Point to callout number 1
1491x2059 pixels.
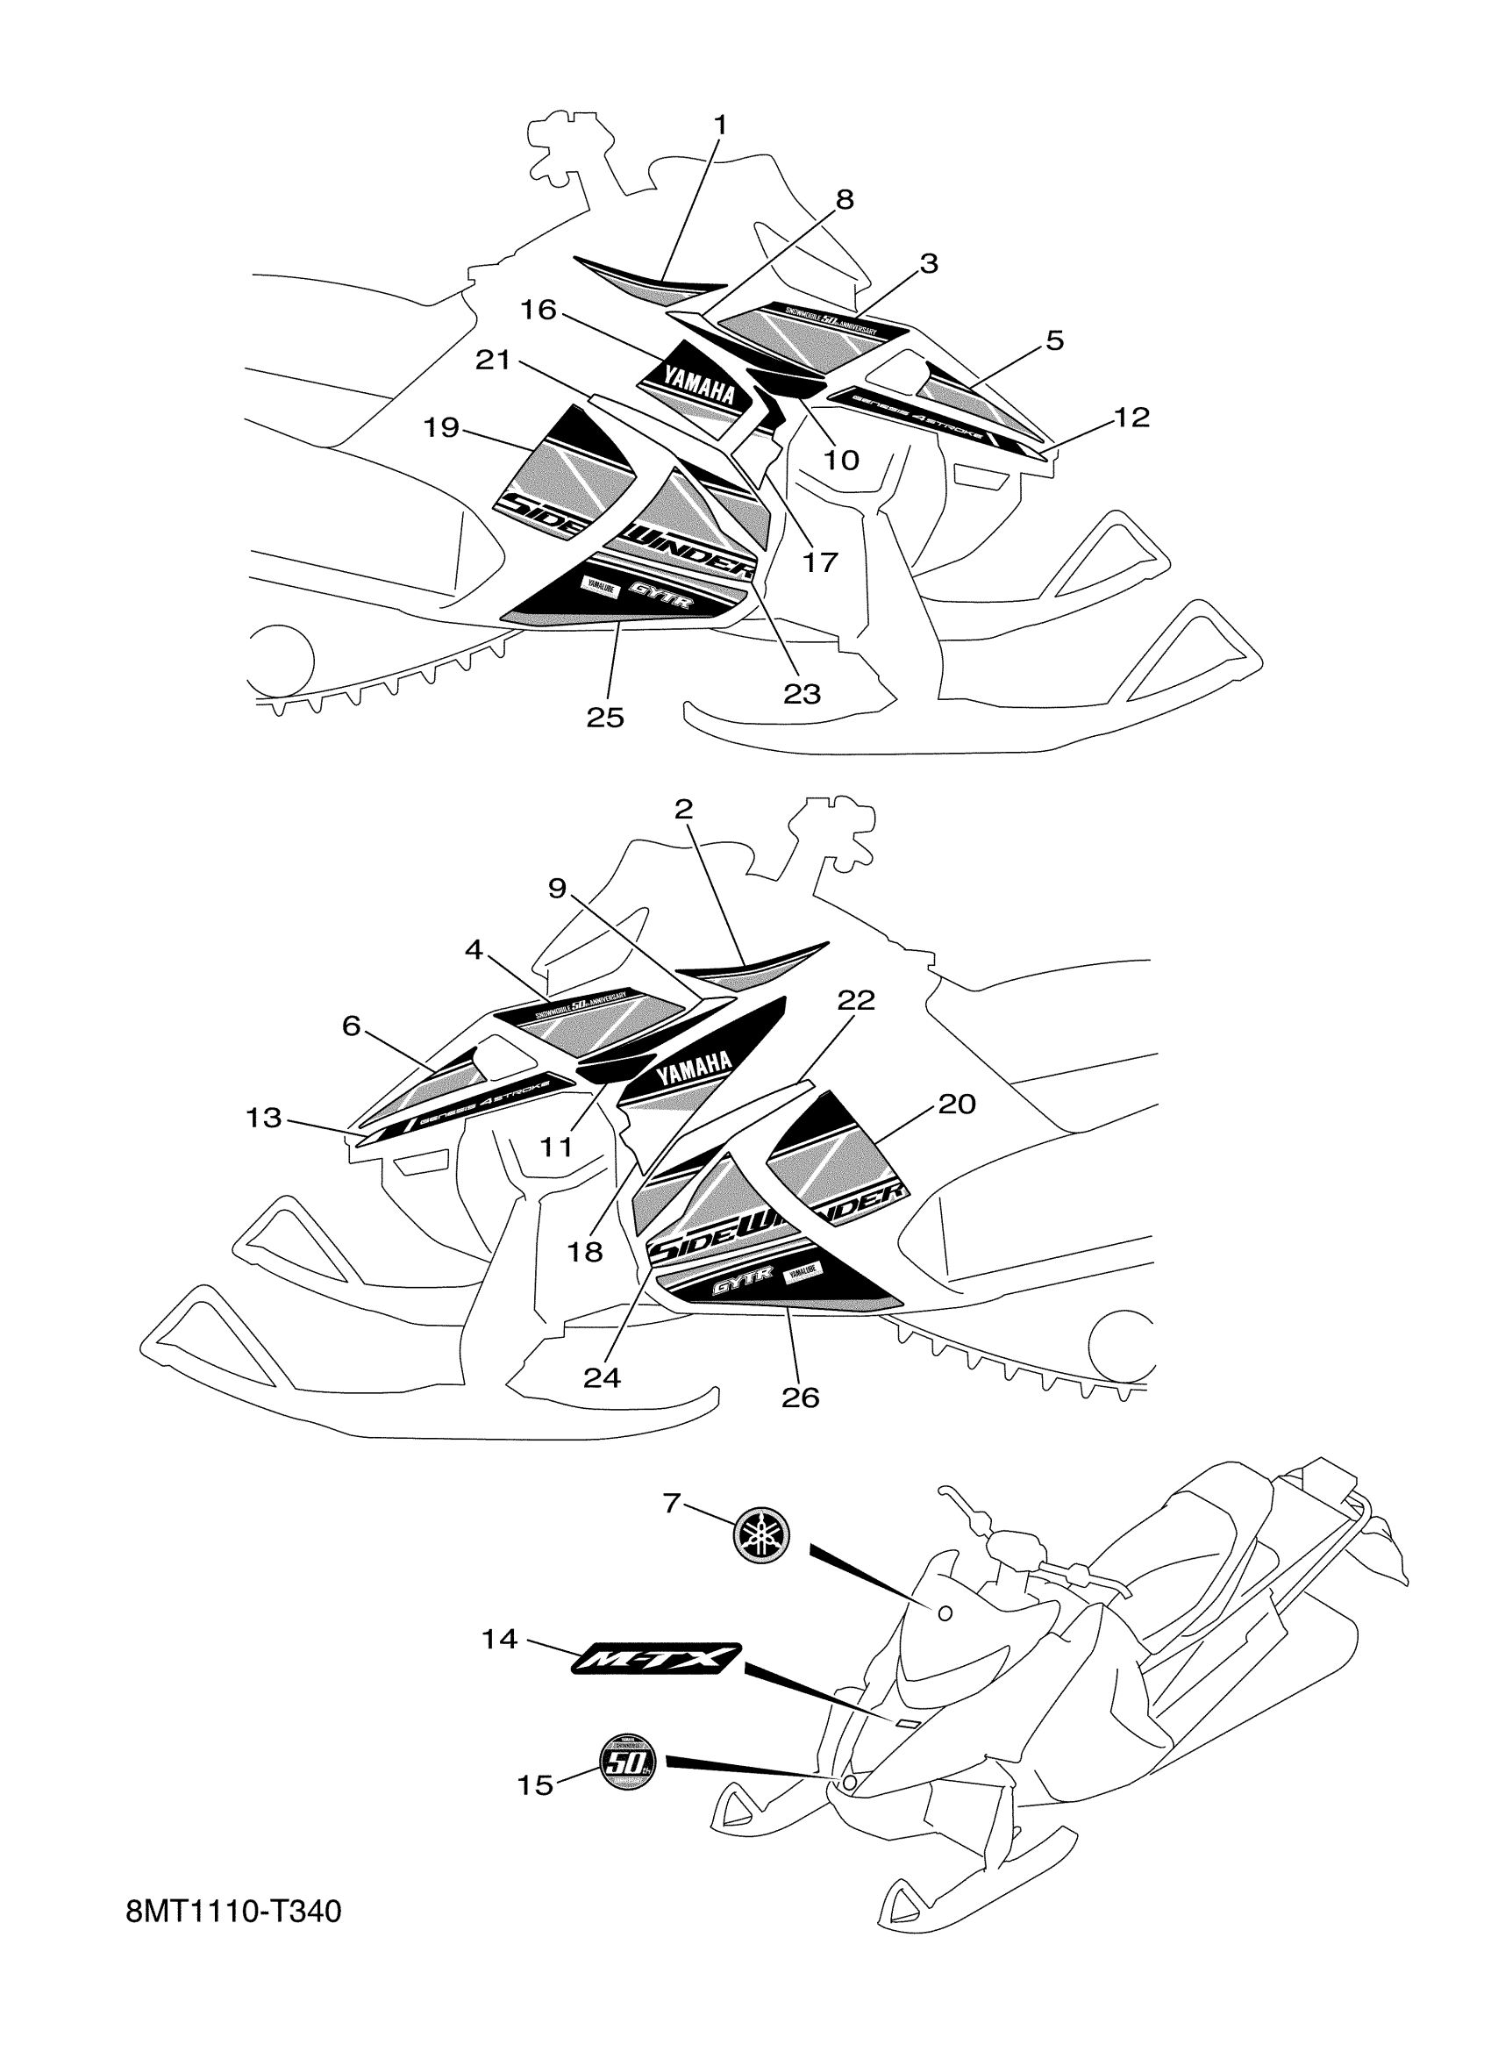[x=721, y=125]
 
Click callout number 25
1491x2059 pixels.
[x=605, y=718]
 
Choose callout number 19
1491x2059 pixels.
[x=442, y=426]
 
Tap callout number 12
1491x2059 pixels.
[x=1131, y=417]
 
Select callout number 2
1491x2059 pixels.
[x=684, y=808]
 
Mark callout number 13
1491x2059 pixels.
[x=263, y=1117]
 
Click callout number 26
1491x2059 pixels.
[x=800, y=1398]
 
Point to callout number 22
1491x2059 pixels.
[x=856, y=999]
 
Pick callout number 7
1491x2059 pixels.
[x=672, y=1504]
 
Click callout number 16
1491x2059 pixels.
[x=538, y=311]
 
